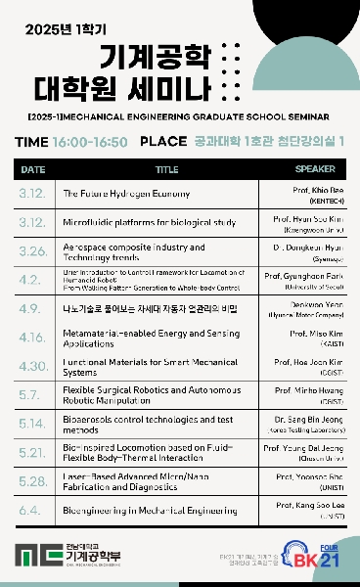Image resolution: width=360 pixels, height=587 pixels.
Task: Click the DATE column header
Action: coord(32,168)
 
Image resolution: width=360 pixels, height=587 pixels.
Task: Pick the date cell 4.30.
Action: coord(32,366)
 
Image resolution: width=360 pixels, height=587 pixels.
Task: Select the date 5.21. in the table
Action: coord(32,452)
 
